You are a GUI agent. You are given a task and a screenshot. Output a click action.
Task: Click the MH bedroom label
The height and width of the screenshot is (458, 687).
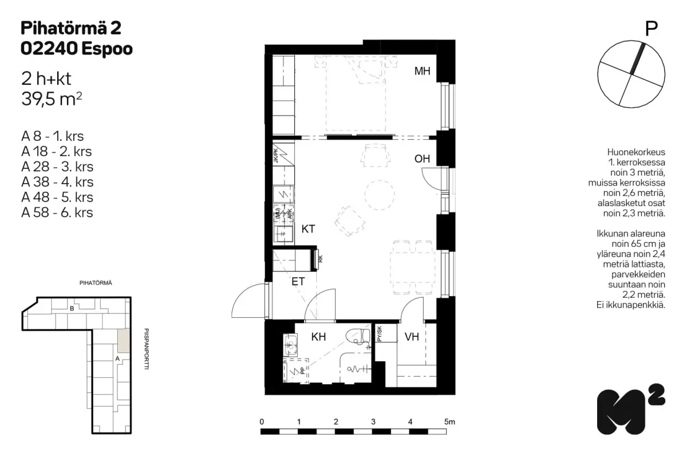422,71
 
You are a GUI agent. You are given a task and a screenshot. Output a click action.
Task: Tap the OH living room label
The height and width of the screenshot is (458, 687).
422,159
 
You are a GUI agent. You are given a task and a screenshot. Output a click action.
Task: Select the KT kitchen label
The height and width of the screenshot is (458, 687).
308,229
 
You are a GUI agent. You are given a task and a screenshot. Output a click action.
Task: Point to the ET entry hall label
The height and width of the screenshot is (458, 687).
298,282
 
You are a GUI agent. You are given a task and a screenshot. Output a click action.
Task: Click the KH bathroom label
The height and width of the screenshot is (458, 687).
318,337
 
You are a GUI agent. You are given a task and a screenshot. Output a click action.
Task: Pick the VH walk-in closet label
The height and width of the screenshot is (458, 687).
412,337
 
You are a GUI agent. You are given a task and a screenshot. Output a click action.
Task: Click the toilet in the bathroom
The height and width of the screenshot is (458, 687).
358,336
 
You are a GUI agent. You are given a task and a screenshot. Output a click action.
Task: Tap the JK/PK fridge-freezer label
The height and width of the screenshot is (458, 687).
276,156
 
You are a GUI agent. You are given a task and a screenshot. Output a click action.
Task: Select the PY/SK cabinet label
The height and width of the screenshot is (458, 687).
379,334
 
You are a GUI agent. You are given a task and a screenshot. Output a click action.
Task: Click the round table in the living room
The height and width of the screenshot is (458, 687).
380,195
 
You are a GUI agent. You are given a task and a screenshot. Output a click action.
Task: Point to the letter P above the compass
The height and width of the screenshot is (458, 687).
652,29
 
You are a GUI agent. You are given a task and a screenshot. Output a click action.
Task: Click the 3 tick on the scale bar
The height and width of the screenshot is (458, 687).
373,422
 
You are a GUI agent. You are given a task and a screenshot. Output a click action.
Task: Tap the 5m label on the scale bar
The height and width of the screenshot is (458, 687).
449,422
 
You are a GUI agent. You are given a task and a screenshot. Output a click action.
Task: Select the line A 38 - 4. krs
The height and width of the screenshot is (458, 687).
57,182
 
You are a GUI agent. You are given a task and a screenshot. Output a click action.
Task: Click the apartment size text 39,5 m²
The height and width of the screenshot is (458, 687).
52,99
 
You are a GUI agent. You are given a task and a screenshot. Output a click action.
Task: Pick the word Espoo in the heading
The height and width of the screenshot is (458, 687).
107,49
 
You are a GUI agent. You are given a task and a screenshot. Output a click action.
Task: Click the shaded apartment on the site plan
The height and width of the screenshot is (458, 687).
124,341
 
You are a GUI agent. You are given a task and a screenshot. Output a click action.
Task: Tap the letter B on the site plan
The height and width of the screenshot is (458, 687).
72,309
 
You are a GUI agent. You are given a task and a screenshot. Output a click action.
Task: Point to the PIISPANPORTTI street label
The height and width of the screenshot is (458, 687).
147,349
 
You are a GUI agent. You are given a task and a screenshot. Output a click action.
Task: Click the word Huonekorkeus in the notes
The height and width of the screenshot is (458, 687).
636,152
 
